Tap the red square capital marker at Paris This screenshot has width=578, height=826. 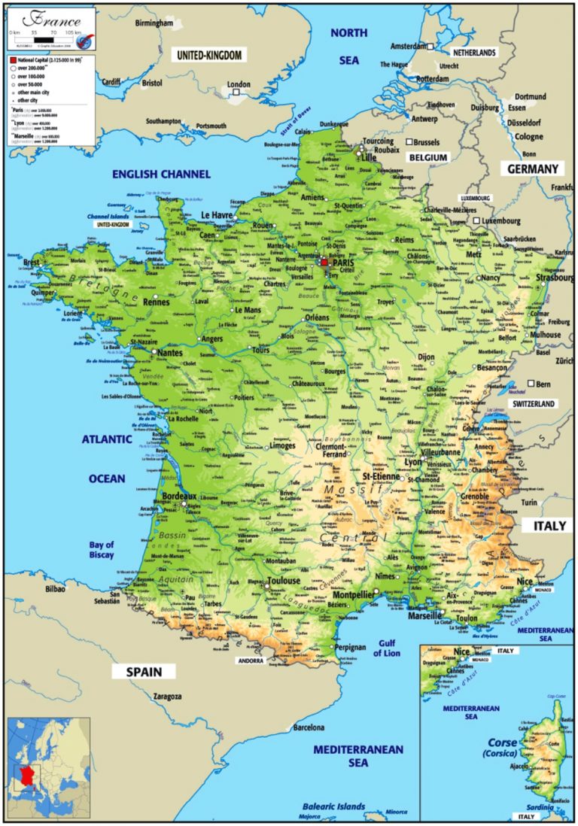tap(324, 263)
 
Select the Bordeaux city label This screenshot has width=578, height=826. tap(180, 497)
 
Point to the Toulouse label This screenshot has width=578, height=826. tap(283, 581)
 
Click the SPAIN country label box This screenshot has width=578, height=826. tap(144, 672)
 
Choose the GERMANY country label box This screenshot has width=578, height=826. tap(533, 169)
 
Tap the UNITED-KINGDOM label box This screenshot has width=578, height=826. tap(209, 55)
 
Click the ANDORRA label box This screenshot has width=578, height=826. tap(250, 661)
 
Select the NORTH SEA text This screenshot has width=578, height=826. tap(349, 46)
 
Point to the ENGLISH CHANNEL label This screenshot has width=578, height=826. tap(162, 174)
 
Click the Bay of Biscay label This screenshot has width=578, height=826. tap(102, 550)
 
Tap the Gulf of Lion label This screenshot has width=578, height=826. tap(387, 648)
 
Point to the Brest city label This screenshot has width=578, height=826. tap(32, 263)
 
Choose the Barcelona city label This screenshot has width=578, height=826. tap(309, 727)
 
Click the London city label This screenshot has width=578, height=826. tap(239, 84)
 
